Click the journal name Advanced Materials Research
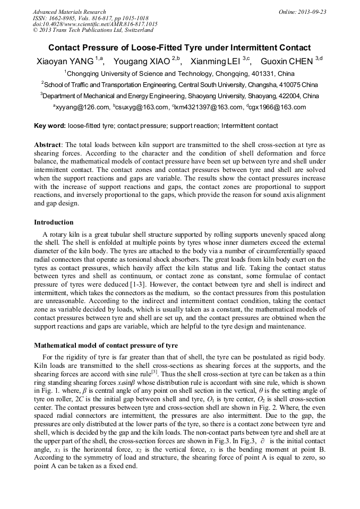[x=69, y=12]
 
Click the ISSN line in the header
[x=84, y=18]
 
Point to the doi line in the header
[x=95, y=24]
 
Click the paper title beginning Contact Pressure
[x=179, y=48]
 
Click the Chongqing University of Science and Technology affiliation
[x=179, y=74]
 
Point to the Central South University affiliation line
[x=179, y=85]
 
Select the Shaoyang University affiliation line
[x=179, y=96]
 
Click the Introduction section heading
[x=54, y=222]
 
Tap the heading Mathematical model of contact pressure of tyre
[x=106, y=346]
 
